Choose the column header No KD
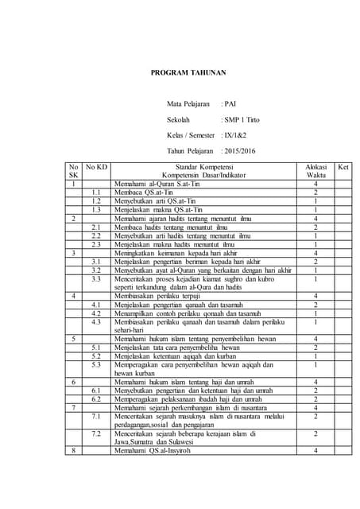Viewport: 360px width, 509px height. pos(97,166)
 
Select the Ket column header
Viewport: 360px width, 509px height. pos(343,166)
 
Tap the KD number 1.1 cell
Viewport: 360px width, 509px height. pos(96,192)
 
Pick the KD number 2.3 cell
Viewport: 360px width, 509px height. pos(96,244)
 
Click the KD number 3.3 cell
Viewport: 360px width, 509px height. pos(96,279)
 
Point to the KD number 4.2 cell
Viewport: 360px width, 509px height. pos(96,313)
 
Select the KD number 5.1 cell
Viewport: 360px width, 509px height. pos(96,348)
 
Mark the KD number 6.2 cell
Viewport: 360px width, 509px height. pos(96,399)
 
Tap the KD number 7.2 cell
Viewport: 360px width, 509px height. pos(96,433)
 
